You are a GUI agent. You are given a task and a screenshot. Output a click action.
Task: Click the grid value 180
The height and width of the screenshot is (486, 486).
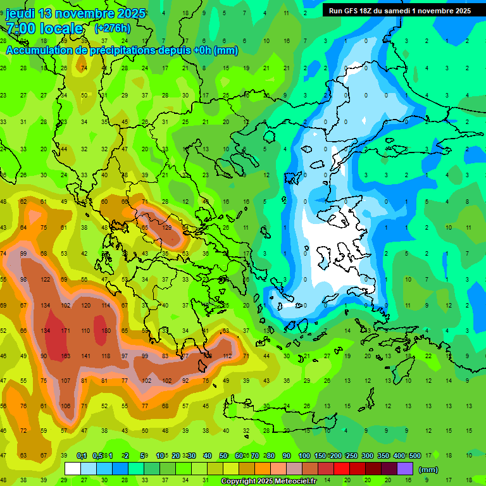106,330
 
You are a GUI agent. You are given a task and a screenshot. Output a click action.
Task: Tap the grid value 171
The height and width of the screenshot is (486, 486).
65,330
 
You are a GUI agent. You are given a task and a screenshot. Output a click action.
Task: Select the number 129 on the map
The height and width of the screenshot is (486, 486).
167,227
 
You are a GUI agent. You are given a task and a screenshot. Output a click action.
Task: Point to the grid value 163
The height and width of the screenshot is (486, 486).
65,356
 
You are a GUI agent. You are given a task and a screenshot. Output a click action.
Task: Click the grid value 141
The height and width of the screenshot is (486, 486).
86,356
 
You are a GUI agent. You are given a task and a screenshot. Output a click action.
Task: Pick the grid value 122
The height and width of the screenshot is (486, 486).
45,279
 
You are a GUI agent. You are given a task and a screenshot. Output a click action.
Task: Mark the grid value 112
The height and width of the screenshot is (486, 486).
227,356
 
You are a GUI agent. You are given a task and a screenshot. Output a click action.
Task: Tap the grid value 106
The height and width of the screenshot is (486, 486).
65,406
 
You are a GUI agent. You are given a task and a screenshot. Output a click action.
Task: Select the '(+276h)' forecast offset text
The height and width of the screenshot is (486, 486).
112,28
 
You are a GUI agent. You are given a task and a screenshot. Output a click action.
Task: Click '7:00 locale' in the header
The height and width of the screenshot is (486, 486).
44,28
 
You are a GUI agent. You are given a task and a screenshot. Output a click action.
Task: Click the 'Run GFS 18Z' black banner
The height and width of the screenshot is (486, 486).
399,11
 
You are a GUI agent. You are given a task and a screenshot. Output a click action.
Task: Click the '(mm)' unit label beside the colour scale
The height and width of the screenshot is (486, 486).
428,470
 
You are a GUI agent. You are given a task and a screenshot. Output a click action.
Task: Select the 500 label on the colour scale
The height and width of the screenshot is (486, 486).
415,456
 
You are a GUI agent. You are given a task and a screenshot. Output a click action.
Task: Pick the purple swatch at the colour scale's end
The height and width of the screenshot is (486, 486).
405,469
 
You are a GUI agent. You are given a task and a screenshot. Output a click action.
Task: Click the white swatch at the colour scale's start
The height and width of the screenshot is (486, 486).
73,469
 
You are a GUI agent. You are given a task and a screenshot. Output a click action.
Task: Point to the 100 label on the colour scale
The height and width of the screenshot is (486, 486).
304,456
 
